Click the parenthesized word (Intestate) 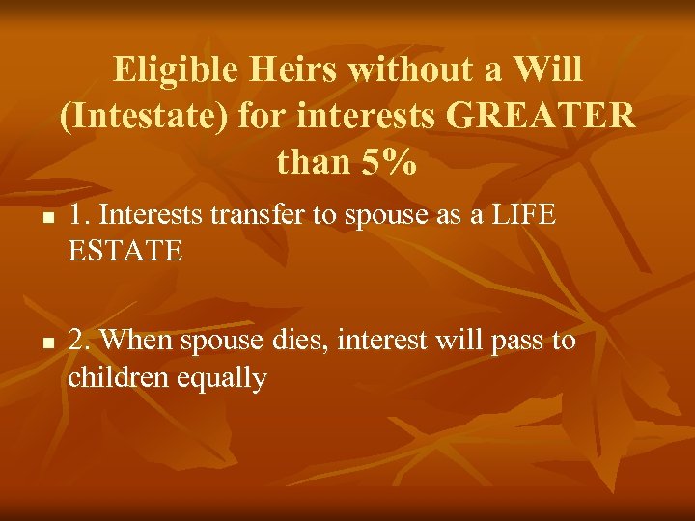142,117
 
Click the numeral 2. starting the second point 79,342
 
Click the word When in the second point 136,342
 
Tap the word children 118,378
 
